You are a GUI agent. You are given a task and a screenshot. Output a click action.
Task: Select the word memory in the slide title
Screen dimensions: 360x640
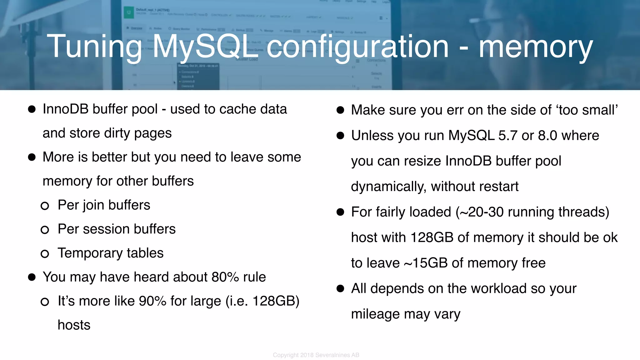[536, 47]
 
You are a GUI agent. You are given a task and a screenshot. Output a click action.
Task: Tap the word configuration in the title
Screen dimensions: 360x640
[357, 47]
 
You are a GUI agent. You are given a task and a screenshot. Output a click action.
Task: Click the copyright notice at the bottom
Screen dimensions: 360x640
[316, 355]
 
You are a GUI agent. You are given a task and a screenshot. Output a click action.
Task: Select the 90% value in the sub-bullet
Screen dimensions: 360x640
[152, 301]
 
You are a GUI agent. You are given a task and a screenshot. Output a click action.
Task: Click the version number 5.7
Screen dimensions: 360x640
[508, 136]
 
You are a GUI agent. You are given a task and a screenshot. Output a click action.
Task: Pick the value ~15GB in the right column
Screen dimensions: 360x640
[426, 263]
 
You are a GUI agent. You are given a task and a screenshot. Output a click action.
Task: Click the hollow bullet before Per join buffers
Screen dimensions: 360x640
[45, 206]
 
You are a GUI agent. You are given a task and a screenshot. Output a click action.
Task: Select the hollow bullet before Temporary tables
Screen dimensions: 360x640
[45, 254]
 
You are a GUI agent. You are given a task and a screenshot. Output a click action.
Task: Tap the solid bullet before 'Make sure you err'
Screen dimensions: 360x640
[340, 110]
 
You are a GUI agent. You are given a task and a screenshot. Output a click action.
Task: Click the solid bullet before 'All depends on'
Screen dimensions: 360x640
[340, 288]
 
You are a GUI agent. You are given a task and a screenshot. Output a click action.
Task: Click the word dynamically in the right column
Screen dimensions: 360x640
[389, 187]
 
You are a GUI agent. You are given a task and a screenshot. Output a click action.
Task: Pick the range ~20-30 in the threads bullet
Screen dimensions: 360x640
[482, 212]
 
